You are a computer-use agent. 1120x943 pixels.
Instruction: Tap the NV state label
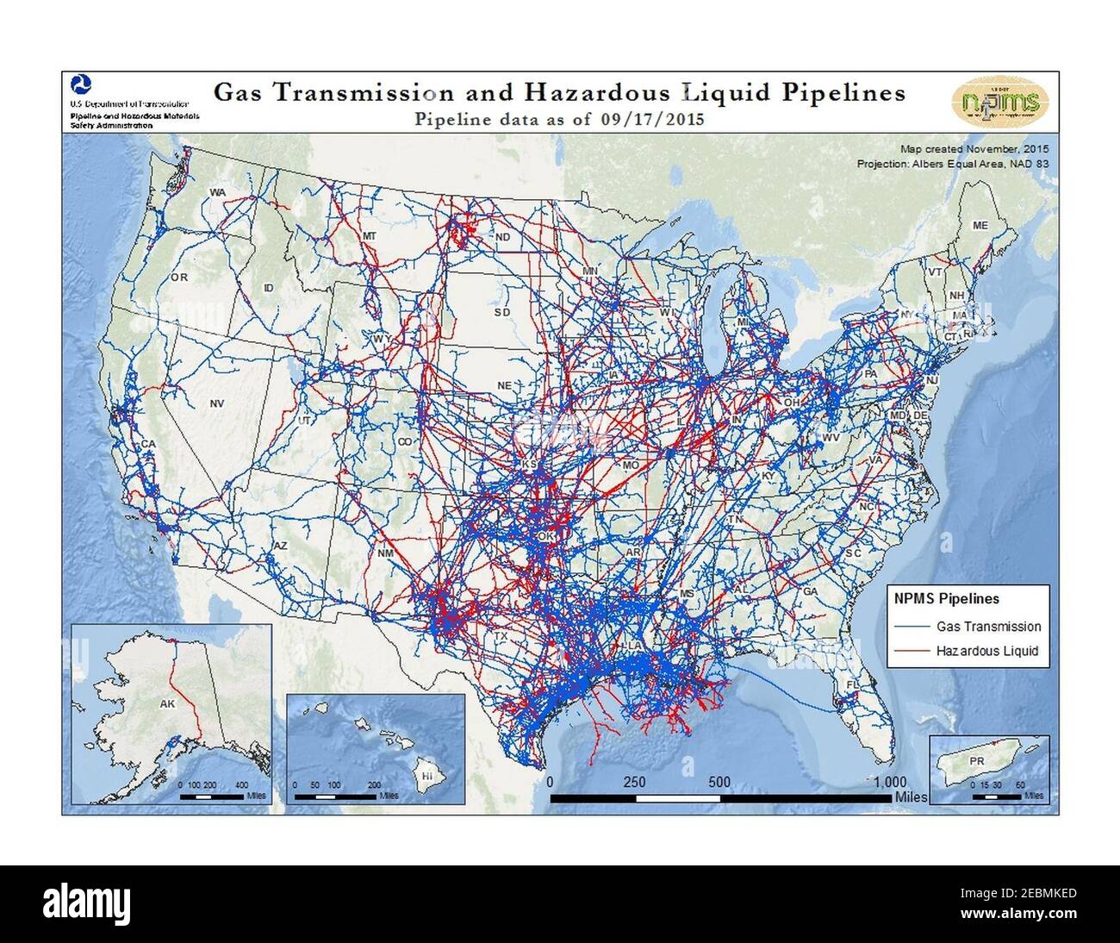tap(216, 403)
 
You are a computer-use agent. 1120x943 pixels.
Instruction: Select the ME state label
tap(980, 225)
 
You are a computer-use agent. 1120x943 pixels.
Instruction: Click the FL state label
tap(853, 685)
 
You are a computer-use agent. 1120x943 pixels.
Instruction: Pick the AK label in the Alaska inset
tap(167, 703)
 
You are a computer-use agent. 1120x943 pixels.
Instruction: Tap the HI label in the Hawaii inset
tap(426, 776)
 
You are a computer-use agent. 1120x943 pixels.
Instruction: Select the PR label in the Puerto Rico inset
tap(976, 761)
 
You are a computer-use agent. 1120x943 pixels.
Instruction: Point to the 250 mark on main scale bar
tap(635, 783)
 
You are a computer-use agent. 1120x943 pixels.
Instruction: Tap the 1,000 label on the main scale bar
tap(887, 783)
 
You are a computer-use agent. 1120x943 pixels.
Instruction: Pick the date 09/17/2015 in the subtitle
tap(653, 119)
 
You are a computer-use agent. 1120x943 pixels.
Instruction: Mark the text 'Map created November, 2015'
tap(973, 149)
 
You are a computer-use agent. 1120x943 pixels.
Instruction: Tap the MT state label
tap(370, 235)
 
